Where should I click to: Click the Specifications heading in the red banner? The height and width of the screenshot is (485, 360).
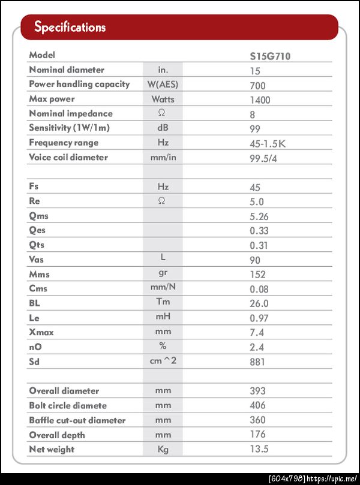click(70, 27)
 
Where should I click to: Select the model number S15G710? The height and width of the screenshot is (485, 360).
click(271, 56)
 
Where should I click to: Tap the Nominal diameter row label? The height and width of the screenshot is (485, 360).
click(67, 70)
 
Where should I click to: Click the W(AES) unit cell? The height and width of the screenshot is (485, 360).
click(163, 85)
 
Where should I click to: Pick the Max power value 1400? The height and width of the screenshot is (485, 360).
click(260, 100)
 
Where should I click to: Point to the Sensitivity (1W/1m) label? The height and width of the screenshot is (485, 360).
click(70, 128)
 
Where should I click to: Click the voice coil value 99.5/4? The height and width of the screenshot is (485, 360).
click(263, 158)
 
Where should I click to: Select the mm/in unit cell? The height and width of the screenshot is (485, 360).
click(163, 157)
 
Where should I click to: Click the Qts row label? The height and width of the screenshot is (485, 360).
click(37, 245)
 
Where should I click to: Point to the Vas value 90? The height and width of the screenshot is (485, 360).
click(255, 260)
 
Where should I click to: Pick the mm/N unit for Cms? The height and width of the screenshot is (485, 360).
click(163, 288)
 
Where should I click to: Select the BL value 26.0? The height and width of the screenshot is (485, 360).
click(259, 304)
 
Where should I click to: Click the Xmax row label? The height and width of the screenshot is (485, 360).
click(41, 332)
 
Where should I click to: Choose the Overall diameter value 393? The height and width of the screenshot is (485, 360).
click(257, 391)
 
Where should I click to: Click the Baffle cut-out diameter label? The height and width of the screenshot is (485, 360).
click(77, 420)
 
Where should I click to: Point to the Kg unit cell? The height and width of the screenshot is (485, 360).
click(163, 449)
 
